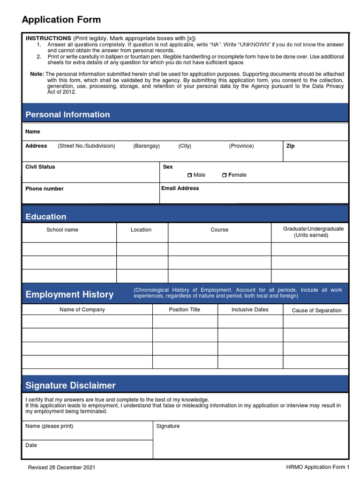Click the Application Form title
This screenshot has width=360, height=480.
61,20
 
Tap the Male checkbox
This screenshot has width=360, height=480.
189,175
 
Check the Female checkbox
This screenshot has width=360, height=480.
225,175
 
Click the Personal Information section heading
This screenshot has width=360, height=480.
67,115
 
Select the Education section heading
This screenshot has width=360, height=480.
45,217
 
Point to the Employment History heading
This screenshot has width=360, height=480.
69,294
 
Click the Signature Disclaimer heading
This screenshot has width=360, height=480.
70,385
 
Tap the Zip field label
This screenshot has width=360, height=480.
290,146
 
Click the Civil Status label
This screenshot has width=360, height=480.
40,167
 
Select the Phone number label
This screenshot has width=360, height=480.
44,189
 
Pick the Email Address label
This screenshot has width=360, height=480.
180,188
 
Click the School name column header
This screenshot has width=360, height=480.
62,230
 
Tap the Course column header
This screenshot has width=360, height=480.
219,230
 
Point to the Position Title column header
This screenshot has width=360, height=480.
185,310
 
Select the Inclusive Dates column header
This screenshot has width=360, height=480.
250,310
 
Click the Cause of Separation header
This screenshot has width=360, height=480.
316,310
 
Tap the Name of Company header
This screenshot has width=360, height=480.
82,310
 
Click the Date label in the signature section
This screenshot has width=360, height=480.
31,445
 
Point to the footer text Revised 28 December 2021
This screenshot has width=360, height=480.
61,468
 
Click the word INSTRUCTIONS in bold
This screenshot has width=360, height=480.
48,38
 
